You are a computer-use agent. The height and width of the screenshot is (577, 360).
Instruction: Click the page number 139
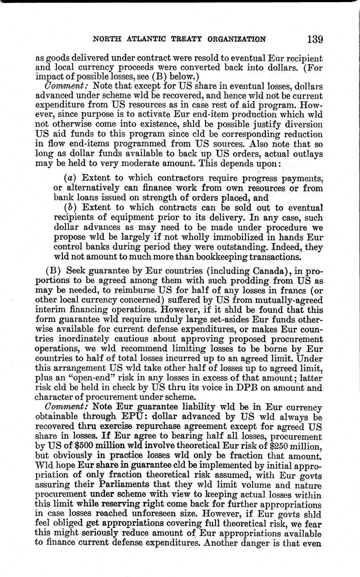pyautogui.click(x=315, y=39)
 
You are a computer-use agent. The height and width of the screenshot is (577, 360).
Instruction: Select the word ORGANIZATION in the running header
pyautogui.click(x=236, y=40)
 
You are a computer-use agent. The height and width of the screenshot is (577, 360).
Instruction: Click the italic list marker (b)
pyautogui.click(x=70, y=207)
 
